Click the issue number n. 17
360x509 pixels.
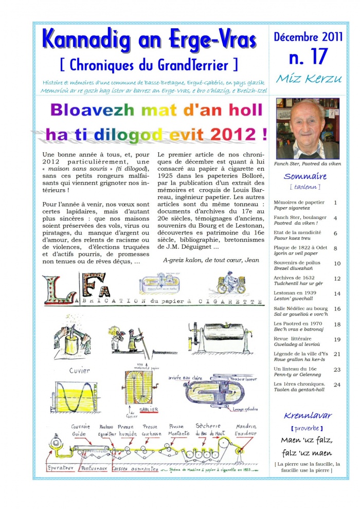pyautogui.click(x=308, y=57)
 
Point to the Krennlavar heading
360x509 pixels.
pyautogui.click(x=308, y=415)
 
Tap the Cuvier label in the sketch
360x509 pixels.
pyautogui.click(x=80, y=370)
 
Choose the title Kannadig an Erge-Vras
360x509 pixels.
pyautogui.click(x=149, y=40)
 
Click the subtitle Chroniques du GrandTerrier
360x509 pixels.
pyautogui.click(x=149, y=65)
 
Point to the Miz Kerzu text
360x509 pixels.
pyautogui.click(x=307, y=79)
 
